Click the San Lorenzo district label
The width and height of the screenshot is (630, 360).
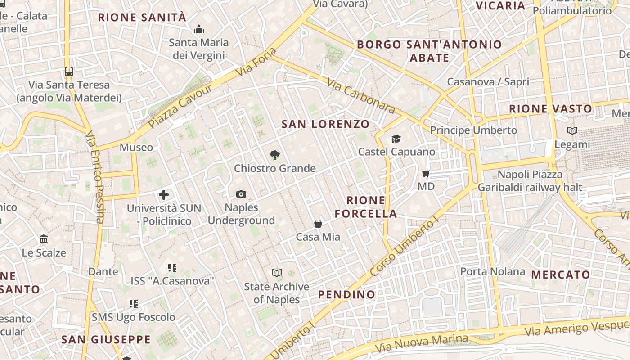325,124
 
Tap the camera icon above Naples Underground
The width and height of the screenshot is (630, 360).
241,194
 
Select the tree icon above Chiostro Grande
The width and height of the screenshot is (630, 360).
274,155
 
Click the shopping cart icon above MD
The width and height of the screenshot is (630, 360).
426,173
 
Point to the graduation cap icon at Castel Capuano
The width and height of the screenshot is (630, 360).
396,139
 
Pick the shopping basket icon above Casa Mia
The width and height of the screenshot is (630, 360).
318,224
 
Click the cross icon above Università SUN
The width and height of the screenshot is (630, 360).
164,195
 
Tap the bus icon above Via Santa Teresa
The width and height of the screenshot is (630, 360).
69,72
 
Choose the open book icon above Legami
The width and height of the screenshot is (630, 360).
572,131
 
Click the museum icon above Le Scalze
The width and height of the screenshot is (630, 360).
44,239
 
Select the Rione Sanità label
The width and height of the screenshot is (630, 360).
142,18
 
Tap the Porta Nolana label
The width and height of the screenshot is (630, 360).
492,271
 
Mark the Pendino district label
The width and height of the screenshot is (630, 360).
346,295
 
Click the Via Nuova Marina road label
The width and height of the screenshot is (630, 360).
421,344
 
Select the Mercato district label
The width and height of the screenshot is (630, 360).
560,274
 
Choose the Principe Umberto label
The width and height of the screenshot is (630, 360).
473,130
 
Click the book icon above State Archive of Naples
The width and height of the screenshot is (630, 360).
276,273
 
